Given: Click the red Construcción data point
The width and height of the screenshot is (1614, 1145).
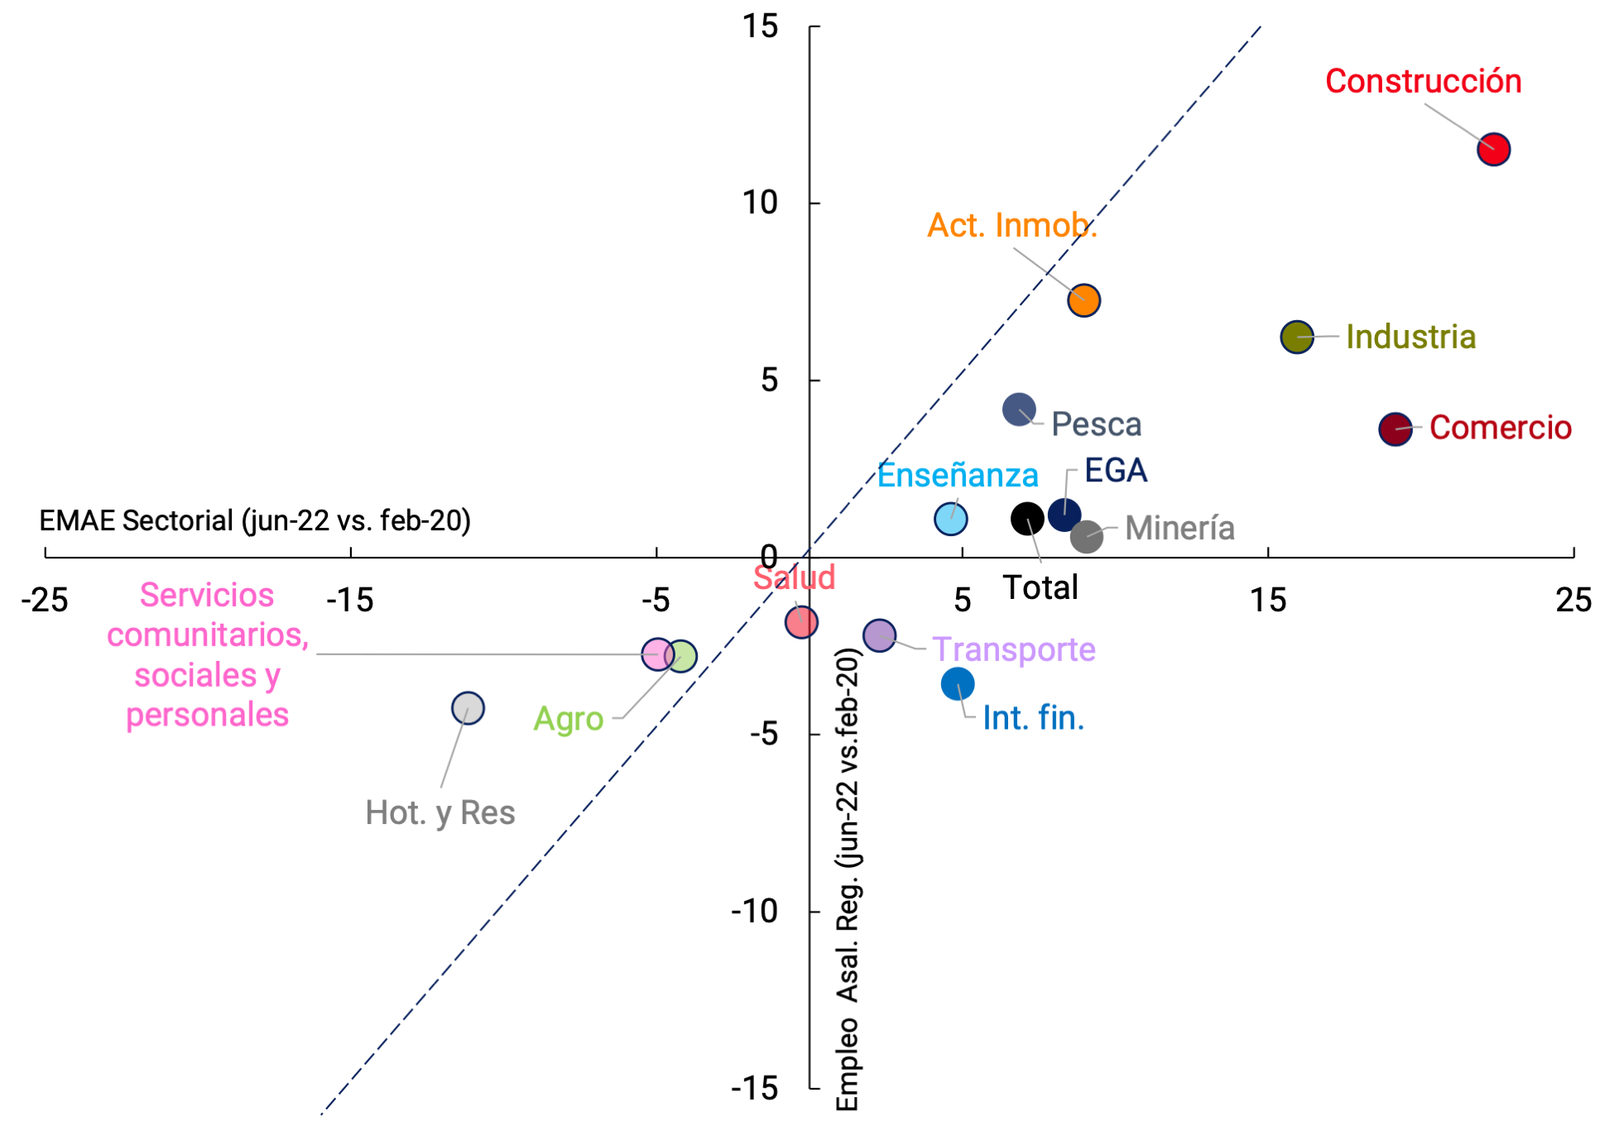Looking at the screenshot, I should pyautogui.click(x=1493, y=150).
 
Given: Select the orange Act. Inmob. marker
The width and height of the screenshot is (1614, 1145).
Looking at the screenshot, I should pyautogui.click(x=1083, y=300).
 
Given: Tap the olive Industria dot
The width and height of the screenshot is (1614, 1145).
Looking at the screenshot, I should pyautogui.click(x=1296, y=337).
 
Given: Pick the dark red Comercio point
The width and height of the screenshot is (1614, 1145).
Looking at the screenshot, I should pyautogui.click(x=1395, y=429).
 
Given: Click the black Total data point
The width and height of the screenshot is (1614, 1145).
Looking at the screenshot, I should pyautogui.click(x=1027, y=519).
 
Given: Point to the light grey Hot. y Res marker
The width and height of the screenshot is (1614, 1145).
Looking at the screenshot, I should pyautogui.click(x=468, y=708).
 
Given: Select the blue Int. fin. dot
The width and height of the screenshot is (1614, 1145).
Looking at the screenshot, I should pyautogui.click(x=958, y=684).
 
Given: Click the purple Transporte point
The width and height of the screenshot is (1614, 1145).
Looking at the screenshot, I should pyautogui.click(x=879, y=635).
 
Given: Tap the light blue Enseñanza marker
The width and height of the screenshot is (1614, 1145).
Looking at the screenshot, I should pyautogui.click(x=950, y=520).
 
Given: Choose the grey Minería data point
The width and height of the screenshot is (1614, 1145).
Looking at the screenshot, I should pyautogui.click(x=1086, y=537).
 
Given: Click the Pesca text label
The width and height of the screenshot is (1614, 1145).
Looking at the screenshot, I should pyautogui.click(x=1096, y=424).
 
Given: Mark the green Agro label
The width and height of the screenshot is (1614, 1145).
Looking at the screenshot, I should pyautogui.click(x=568, y=719).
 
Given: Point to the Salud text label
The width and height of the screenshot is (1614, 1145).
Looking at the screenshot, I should pyautogui.click(x=794, y=577).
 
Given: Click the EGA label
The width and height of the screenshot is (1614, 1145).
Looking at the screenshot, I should pyautogui.click(x=1115, y=471).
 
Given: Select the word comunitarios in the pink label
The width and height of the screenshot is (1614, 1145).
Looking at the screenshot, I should pyautogui.click(x=208, y=635).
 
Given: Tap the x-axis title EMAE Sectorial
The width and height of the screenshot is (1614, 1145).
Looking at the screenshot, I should pyautogui.click(x=255, y=520).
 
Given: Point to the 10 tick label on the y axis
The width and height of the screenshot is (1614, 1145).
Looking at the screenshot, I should pyautogui.click(x=759, y=203).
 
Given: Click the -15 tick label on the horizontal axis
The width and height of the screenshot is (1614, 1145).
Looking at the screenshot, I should pyautogui.click(x=350, y=601).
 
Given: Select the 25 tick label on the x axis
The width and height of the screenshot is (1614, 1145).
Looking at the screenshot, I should pyautogui.click(x=1573, y=601).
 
